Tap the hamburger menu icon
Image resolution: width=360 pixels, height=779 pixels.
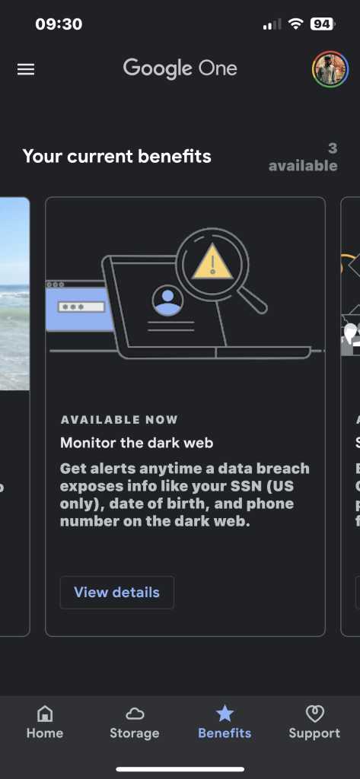coord(26,69)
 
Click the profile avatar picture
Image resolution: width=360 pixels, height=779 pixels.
coord(330,69)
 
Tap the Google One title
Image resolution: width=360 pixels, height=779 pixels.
coord(180,68)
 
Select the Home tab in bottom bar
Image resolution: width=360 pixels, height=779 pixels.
coord(45,722)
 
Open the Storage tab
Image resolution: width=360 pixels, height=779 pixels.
coord(134,722)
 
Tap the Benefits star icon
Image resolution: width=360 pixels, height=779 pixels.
coord(225,714)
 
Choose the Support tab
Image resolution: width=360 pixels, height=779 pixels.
coord(314,722)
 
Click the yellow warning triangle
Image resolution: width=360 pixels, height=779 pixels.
coord(212,262)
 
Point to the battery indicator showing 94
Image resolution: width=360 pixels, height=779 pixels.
coord(323,24)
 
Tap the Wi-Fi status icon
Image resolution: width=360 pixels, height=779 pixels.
coord(296,24)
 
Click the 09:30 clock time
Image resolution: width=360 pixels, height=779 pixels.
coord(59,24)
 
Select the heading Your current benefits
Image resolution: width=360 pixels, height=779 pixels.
coord(117,157)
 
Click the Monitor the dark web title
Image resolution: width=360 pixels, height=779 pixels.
coord(137,442)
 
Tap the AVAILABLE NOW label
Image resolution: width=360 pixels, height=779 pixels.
coord(119,420)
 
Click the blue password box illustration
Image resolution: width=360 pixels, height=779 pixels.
coord(80,306)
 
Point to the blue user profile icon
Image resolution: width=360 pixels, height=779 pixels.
coord(167,300)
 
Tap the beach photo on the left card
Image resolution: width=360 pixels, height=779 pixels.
coord(15,294)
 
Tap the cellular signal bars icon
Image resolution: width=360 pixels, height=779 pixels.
coord(272,24)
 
